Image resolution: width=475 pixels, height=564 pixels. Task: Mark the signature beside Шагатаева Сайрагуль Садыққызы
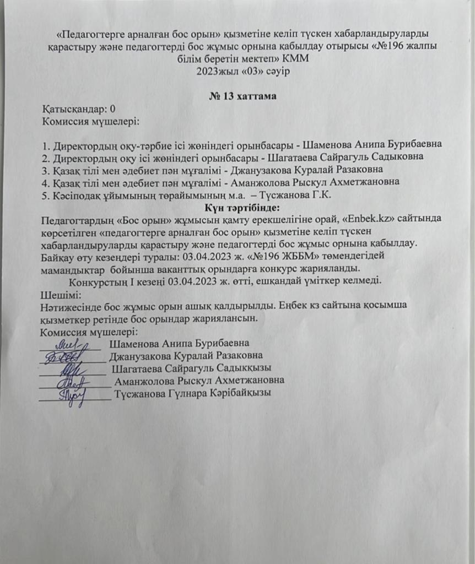[73, 368]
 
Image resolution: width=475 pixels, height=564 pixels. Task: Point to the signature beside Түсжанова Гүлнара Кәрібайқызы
[73, 395]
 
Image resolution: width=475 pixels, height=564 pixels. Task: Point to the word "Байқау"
[57, 256]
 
